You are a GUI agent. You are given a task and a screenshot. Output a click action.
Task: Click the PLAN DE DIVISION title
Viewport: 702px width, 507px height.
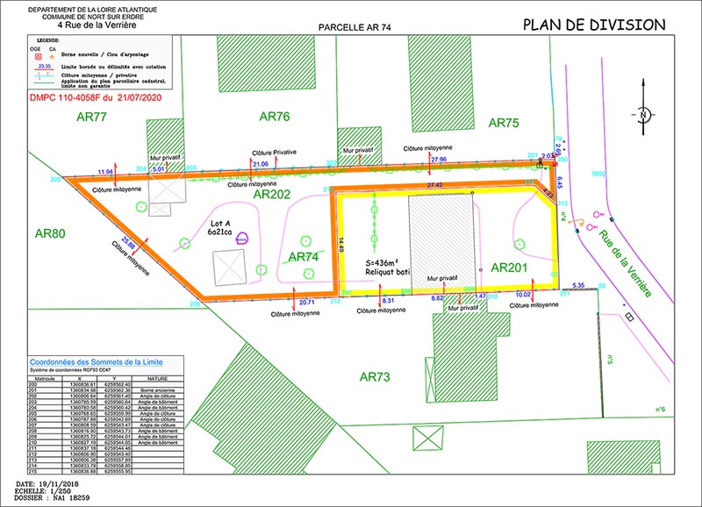594,24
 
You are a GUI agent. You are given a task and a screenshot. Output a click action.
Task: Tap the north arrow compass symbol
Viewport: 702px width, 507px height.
643,116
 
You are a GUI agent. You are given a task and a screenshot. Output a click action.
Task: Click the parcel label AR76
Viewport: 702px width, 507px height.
274,117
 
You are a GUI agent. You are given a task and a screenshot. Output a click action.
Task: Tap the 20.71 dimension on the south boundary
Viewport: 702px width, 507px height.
307,302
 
